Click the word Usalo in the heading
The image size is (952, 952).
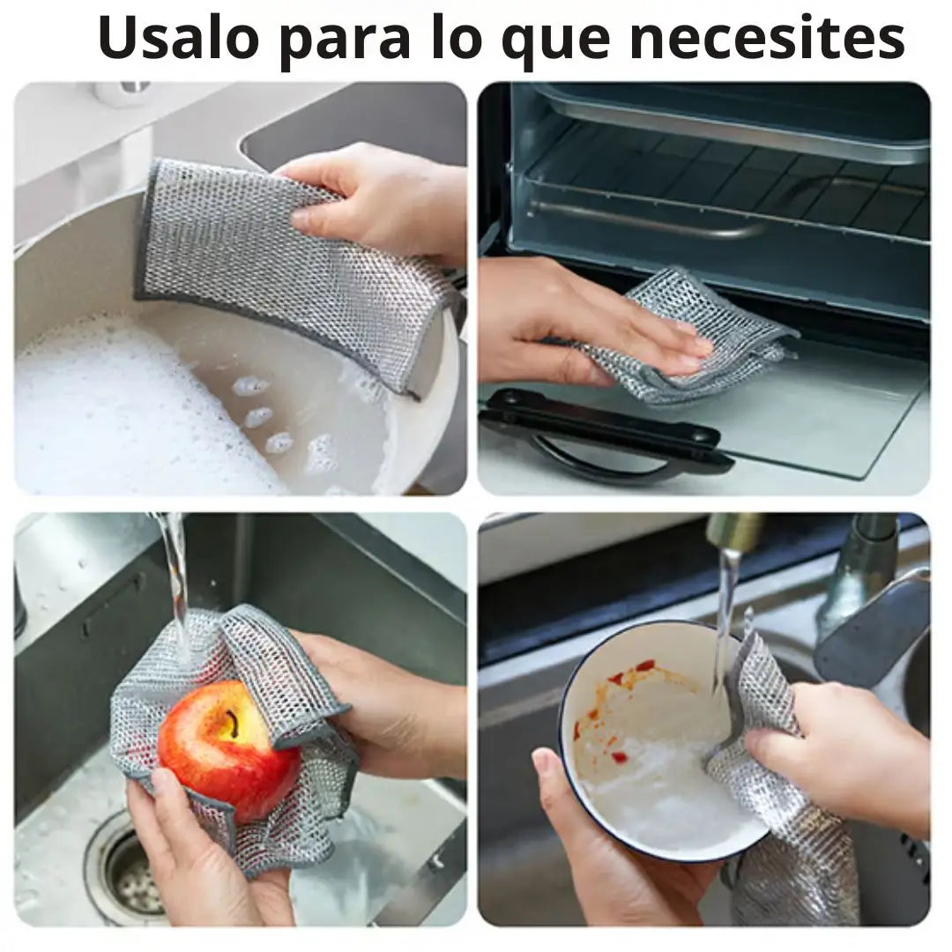click(178, 39)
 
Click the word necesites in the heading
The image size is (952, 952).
click(767, 39)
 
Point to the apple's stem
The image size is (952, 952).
click(231, 723)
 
